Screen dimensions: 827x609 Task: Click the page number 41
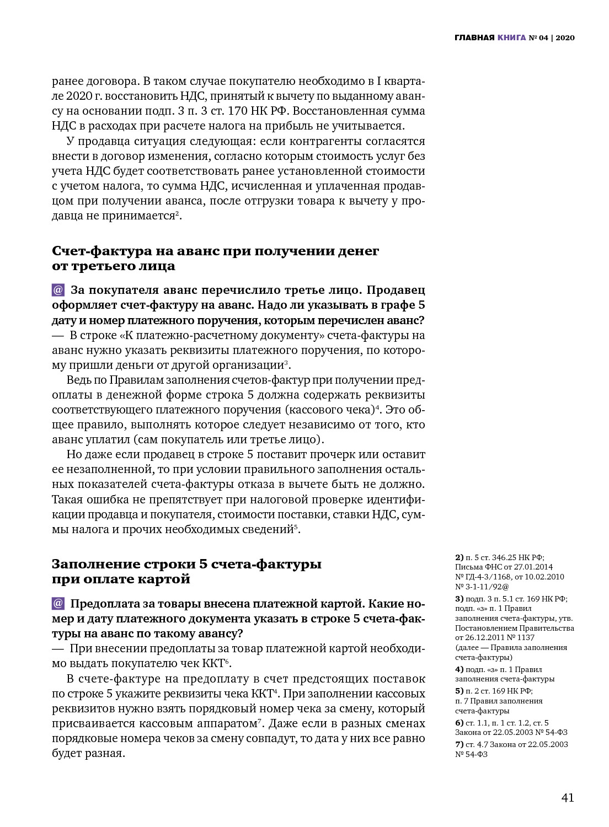[x=568, y=798]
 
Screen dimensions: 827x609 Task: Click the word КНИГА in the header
[x=511, y=38]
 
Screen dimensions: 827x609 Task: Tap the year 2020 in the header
[x=565, y=38]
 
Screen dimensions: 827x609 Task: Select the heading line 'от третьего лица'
[x=114, y=266]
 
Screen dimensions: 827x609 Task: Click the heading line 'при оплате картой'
[x=121, y=579]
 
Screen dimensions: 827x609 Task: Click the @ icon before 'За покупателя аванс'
[x=58, y=290]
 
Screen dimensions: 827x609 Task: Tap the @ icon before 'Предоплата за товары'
[x=58, y=603]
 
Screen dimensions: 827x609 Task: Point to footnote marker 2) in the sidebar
[x=459, y=557]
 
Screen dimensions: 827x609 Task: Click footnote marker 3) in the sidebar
[x=459, y=599]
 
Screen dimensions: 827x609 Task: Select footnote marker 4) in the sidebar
[x=459, y=669]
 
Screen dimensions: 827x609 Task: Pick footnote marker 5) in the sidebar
[x=459, y=691]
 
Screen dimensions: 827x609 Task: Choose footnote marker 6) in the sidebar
[x=459, y=723]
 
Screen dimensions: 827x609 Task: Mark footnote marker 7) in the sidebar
[x=459, y=744]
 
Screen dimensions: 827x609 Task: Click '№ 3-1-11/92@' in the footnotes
[x=482, y=587]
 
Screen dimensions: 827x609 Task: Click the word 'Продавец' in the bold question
[x=396, y=290]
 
